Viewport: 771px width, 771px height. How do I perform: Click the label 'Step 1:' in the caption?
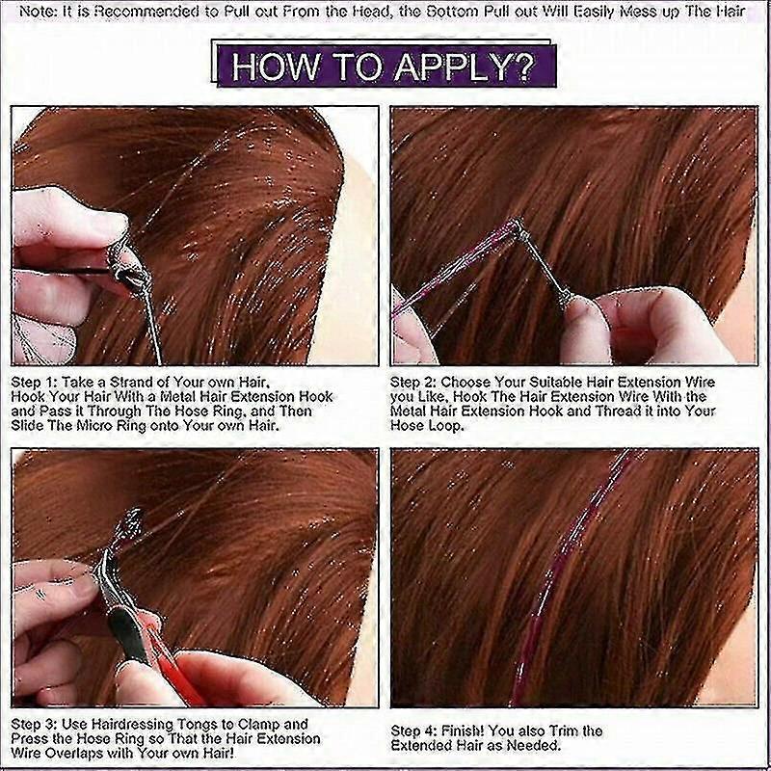point(34,383)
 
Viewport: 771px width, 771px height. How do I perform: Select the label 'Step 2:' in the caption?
point(413,383)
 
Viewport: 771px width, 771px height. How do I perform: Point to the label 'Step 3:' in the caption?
point(35,725)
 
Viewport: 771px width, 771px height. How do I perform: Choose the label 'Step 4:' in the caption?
point(413,731)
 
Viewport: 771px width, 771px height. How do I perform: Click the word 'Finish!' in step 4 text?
point(463,731)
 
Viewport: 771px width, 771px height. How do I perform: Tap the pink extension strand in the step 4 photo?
point(566,580)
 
